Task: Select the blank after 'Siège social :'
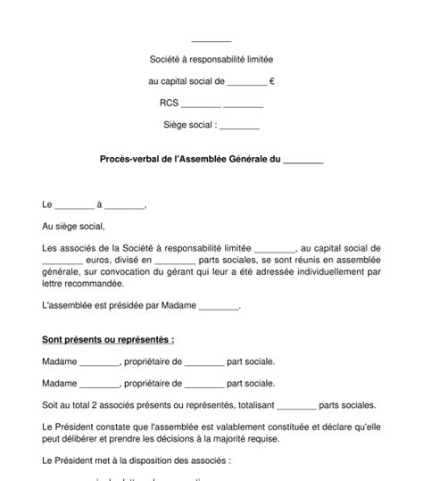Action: pos(238,125)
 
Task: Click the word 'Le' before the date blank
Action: pos(48,205)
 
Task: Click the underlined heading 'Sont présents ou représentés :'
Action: pos(108,340)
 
